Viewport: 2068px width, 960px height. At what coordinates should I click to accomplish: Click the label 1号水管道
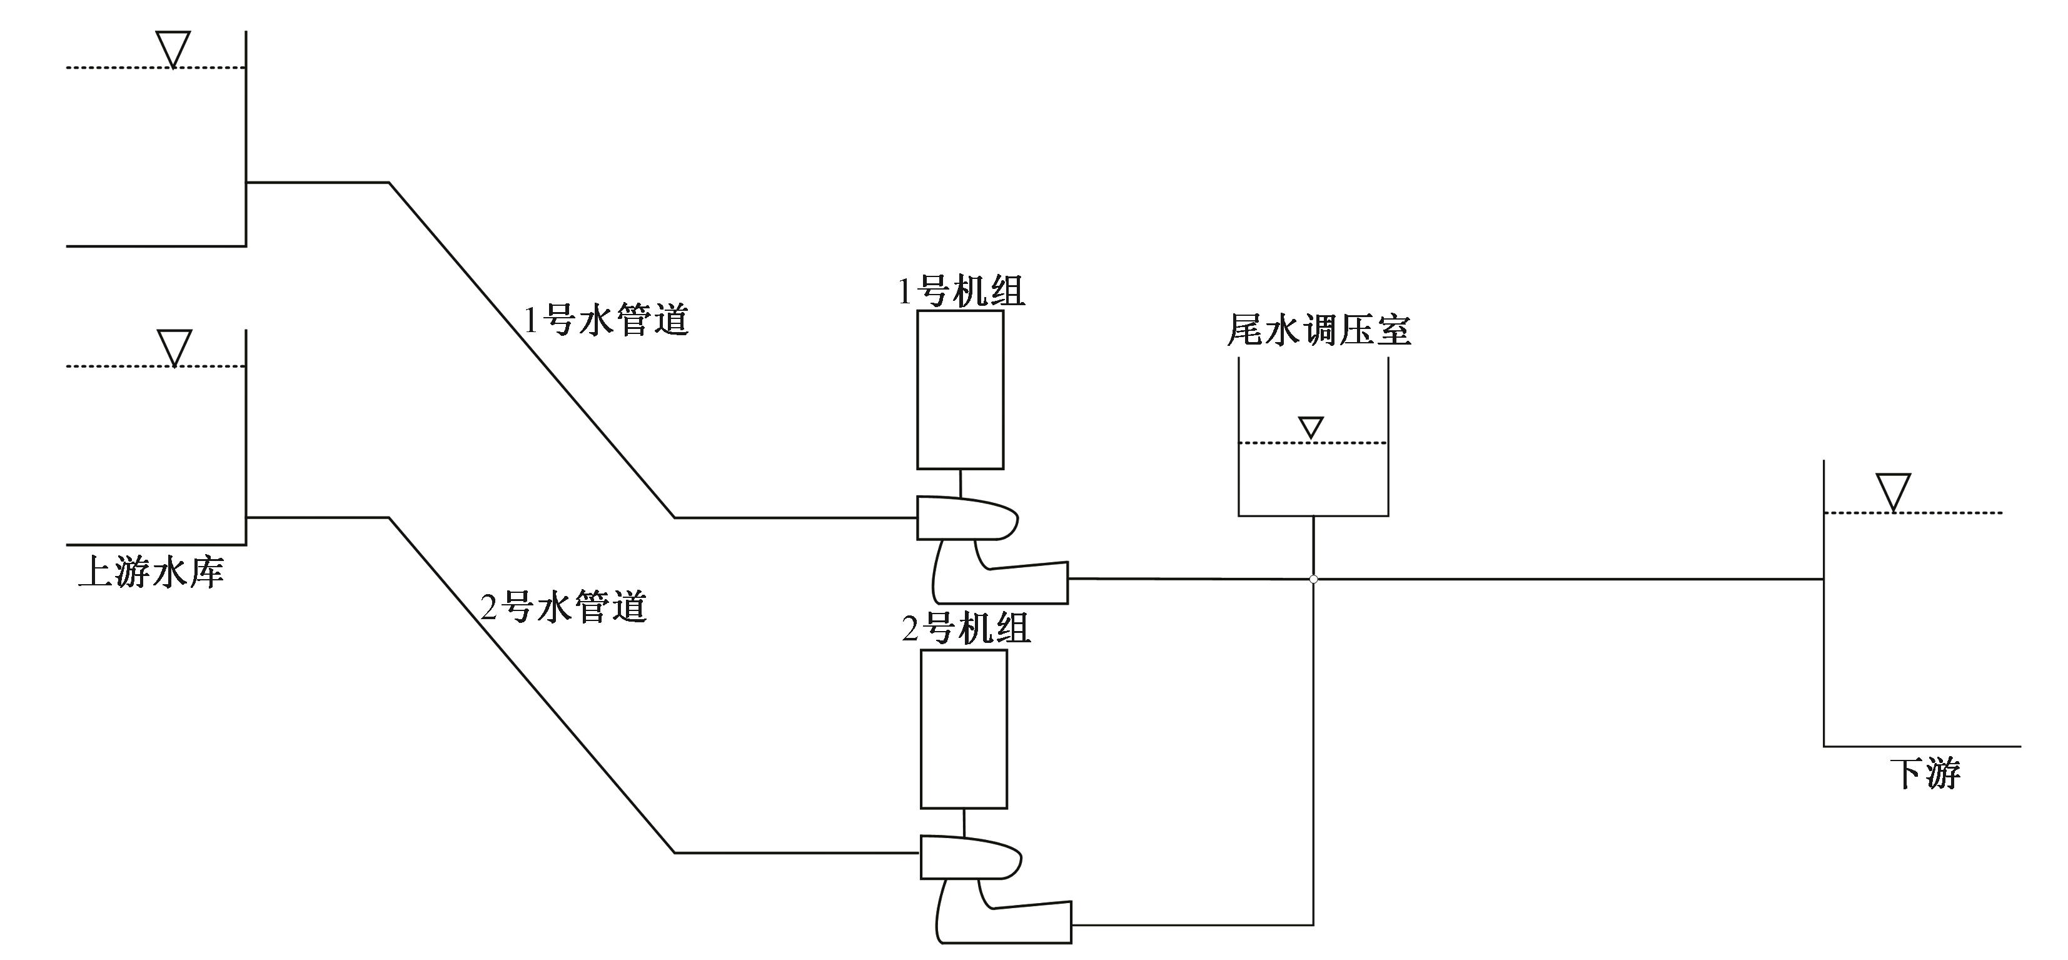pos(606,320)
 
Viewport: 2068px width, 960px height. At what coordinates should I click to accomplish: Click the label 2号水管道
pos(563,607)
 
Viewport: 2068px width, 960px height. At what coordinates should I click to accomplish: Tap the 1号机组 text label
pos(961,291)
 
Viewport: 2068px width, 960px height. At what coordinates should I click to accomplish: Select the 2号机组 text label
pos(966,629)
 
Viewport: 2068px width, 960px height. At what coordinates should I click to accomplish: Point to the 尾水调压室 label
pos(1318,330)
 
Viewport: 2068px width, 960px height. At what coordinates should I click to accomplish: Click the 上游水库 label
pos(150,573)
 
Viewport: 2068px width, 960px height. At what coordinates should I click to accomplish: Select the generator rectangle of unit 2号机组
pos(964,729)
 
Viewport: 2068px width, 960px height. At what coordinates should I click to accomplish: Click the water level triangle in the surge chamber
pos(1311,427)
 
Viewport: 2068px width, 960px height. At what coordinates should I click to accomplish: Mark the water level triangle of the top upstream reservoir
pos(173,49)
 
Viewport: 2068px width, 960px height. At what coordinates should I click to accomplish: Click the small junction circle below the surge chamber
pos(1313,579)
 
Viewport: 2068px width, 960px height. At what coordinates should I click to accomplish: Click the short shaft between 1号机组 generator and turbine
pos(960,482)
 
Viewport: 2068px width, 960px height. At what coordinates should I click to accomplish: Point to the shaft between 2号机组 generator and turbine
pos(964,822)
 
